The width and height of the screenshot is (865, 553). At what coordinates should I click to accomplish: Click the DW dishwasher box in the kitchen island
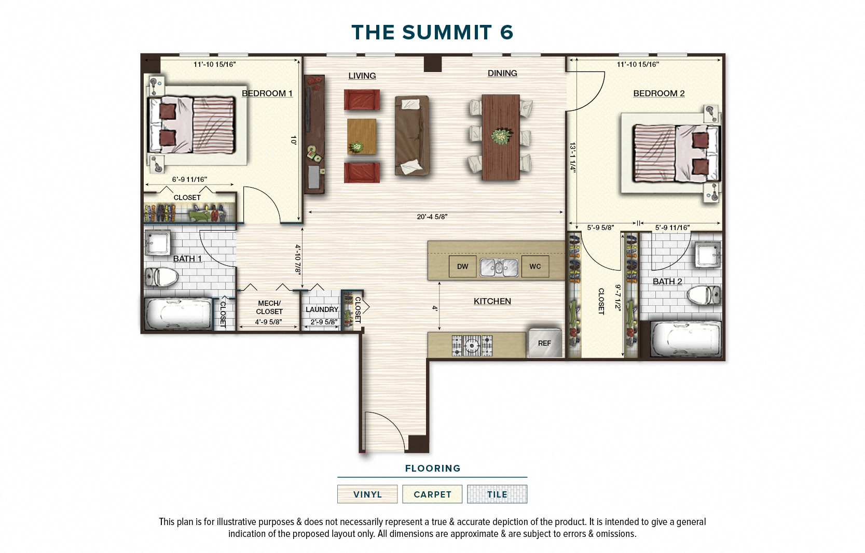pos(462,266)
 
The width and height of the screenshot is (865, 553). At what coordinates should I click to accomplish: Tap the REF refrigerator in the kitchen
pos(544,343)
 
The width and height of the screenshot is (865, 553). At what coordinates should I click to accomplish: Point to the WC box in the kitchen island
pos(535,266)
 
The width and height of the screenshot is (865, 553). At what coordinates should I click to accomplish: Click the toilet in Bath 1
pos(161,277)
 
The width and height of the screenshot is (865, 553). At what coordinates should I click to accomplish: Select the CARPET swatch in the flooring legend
pos(432,494)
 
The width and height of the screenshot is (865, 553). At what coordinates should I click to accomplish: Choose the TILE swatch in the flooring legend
pos(497,494)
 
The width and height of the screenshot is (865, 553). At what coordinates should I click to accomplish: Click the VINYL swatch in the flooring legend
pos(367,494)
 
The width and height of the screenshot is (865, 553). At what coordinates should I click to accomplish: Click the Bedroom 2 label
pos(658,93)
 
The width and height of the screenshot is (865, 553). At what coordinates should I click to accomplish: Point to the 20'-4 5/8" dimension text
pos(432,217)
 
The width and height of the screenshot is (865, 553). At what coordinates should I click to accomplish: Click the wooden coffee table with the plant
pos(362,136)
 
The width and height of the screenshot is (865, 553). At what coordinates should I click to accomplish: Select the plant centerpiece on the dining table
pos(501,137)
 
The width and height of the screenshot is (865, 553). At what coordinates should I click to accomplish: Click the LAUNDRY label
pos(322,309)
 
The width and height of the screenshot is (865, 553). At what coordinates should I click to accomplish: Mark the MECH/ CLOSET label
pos(269,307)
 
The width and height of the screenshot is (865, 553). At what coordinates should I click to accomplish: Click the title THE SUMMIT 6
pos(432,32)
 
